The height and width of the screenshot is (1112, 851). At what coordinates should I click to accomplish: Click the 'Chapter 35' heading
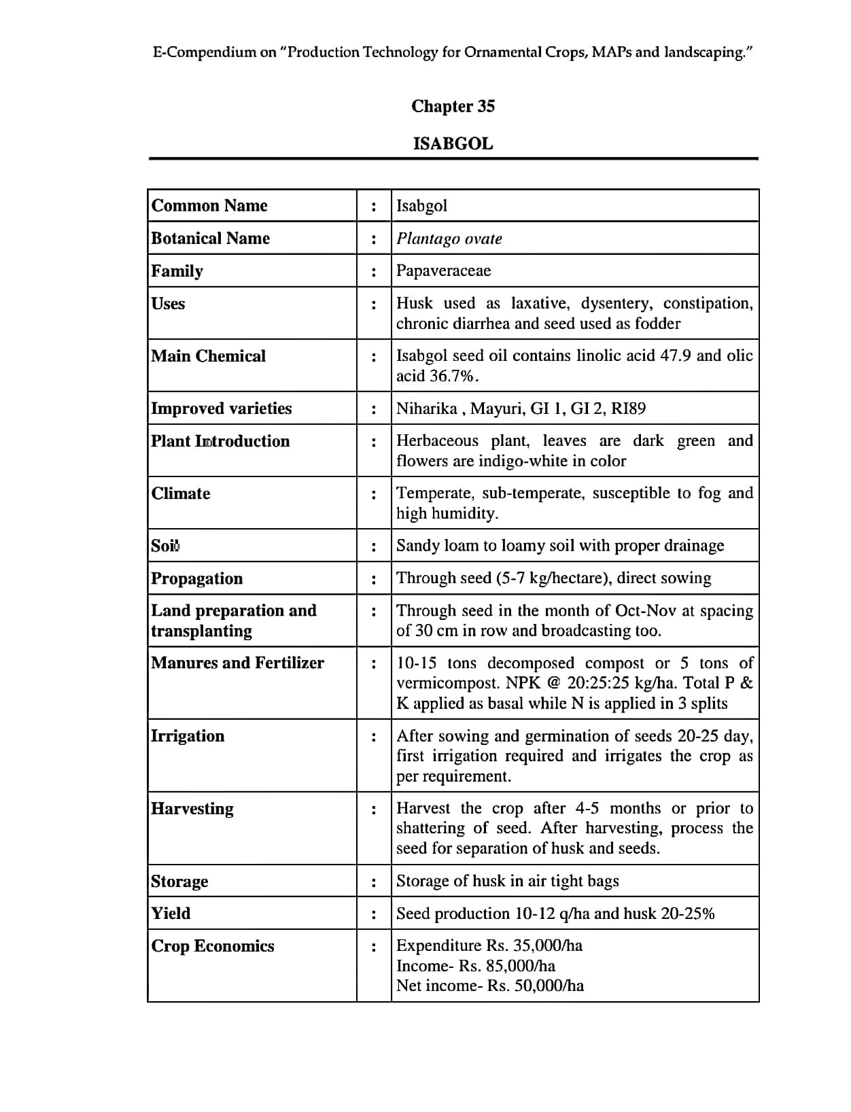coord(453,106)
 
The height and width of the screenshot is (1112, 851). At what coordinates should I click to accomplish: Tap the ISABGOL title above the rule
coord(453,143)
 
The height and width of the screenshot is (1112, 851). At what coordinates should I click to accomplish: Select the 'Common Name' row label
coord(209,205)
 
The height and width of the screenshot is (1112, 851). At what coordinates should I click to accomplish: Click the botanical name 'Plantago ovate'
coord(449,239)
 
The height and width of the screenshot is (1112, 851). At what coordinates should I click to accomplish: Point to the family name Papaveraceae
coord(443,271)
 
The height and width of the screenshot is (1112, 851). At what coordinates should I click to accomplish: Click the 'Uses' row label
coord(168,304)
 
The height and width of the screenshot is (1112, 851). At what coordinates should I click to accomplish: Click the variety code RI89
coord(628,409)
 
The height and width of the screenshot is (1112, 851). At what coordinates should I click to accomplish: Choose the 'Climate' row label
coord(181,493)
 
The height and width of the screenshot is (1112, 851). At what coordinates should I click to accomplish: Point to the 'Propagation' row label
coord(196,578)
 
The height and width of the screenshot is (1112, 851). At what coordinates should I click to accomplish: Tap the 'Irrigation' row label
coord(188,736)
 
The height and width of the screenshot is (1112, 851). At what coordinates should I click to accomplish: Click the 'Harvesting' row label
coord(192,809)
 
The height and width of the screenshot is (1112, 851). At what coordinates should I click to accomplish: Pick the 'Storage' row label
coord(179,882)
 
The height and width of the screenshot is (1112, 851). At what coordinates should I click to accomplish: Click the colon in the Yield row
coord(374,914)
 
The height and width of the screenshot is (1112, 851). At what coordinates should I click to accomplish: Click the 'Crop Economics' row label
coord(213,946)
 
